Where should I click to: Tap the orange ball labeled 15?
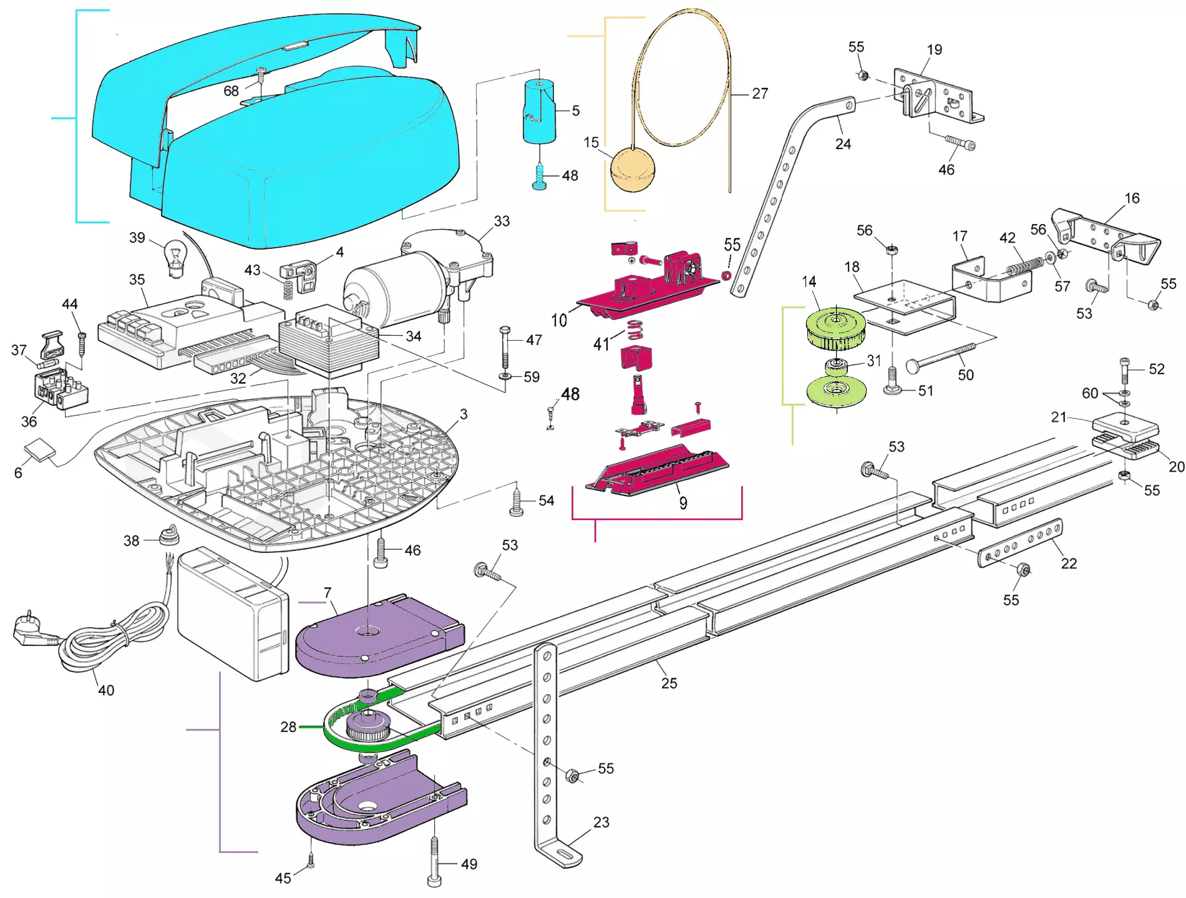pyautogui.click(x=633, y=169)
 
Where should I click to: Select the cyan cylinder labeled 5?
pyautogui.click(x=539, y=112)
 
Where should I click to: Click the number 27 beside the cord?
pyautogui.click(x=759, y=94)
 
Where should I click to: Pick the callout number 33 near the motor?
pyautogui.click(x=502, y=222)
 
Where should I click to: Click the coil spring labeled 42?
pyautogui.click(x=1024, y=266)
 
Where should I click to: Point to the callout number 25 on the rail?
pyautogui.click(x=669, y=683)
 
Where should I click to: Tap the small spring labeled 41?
pyautogui.click(x=635, y=329)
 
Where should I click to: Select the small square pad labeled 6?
pyautogui.click(x=39, y=450)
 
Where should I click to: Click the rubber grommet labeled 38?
pyautogui.click(x=168, y=535)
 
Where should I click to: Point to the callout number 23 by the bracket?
pyautogui.click(x=601, y=822)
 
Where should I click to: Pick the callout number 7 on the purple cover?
pyautogui.click(x=328, y=592)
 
